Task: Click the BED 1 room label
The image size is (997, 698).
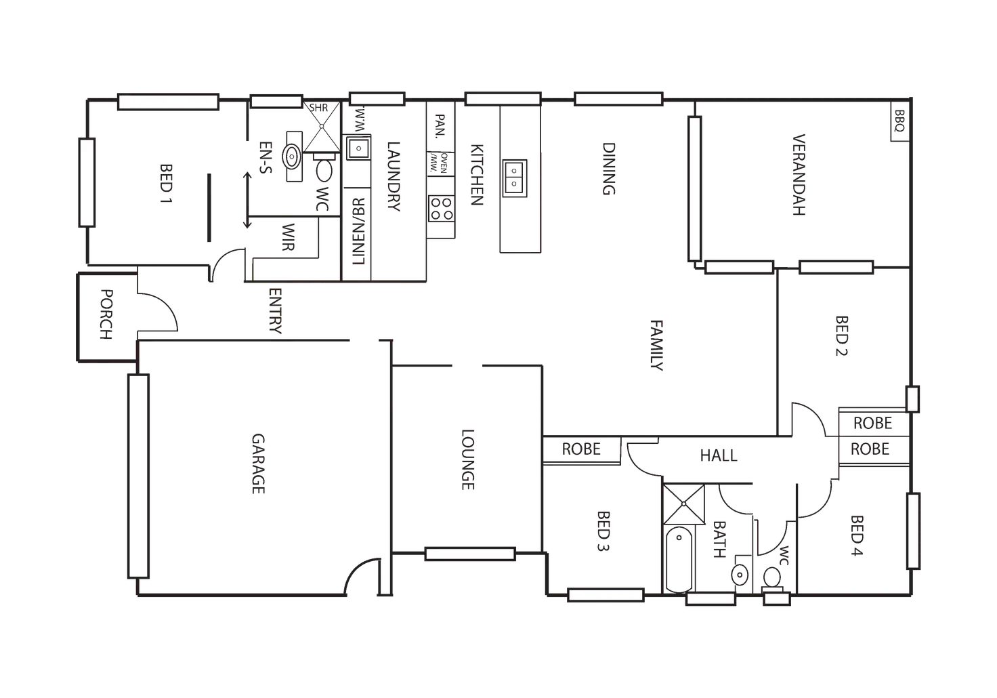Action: tap(165, 184)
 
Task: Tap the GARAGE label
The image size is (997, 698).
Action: tap(258, 464)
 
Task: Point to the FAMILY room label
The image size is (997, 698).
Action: tap(658, 346)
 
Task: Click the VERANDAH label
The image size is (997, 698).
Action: tap(799, 173)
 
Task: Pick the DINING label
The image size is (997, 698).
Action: tap(609, 170)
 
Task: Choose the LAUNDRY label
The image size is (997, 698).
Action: tap(394, 178)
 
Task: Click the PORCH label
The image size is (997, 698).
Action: tap(105, 314)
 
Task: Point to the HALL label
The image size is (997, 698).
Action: tap(719, 455)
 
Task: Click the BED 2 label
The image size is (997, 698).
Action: tap(842, 335)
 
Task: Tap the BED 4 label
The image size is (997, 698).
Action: tap(857, 535)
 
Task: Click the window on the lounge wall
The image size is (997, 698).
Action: tap(469, 554)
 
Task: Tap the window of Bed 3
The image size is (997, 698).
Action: tap(606, 595)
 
